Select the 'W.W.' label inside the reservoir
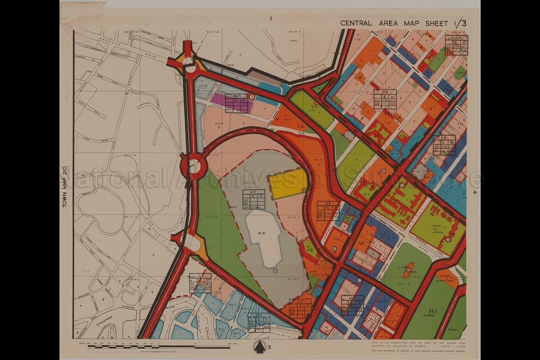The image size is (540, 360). (261, 232)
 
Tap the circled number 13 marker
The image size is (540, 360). (275, 270)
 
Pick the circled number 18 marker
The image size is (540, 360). (252, 97)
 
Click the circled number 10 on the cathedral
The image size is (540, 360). (408, 270)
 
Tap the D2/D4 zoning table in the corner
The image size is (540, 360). (456, 45)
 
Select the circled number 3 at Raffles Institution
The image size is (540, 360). (448, 239)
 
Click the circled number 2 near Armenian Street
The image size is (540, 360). (335, 249)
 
